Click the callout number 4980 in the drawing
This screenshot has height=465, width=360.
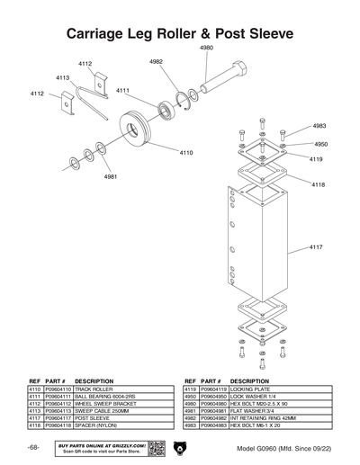(x=206, y=46)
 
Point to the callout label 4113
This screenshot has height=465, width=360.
(x=63, y=78)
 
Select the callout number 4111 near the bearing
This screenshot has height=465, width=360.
(x=122, y=90)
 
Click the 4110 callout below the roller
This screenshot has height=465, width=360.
(x=186, y=153)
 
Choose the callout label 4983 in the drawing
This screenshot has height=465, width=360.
(x=319, y=126)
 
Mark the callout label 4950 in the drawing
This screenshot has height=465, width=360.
(x=320, y=144)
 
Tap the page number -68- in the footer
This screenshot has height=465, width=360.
(x=32, y=447)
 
